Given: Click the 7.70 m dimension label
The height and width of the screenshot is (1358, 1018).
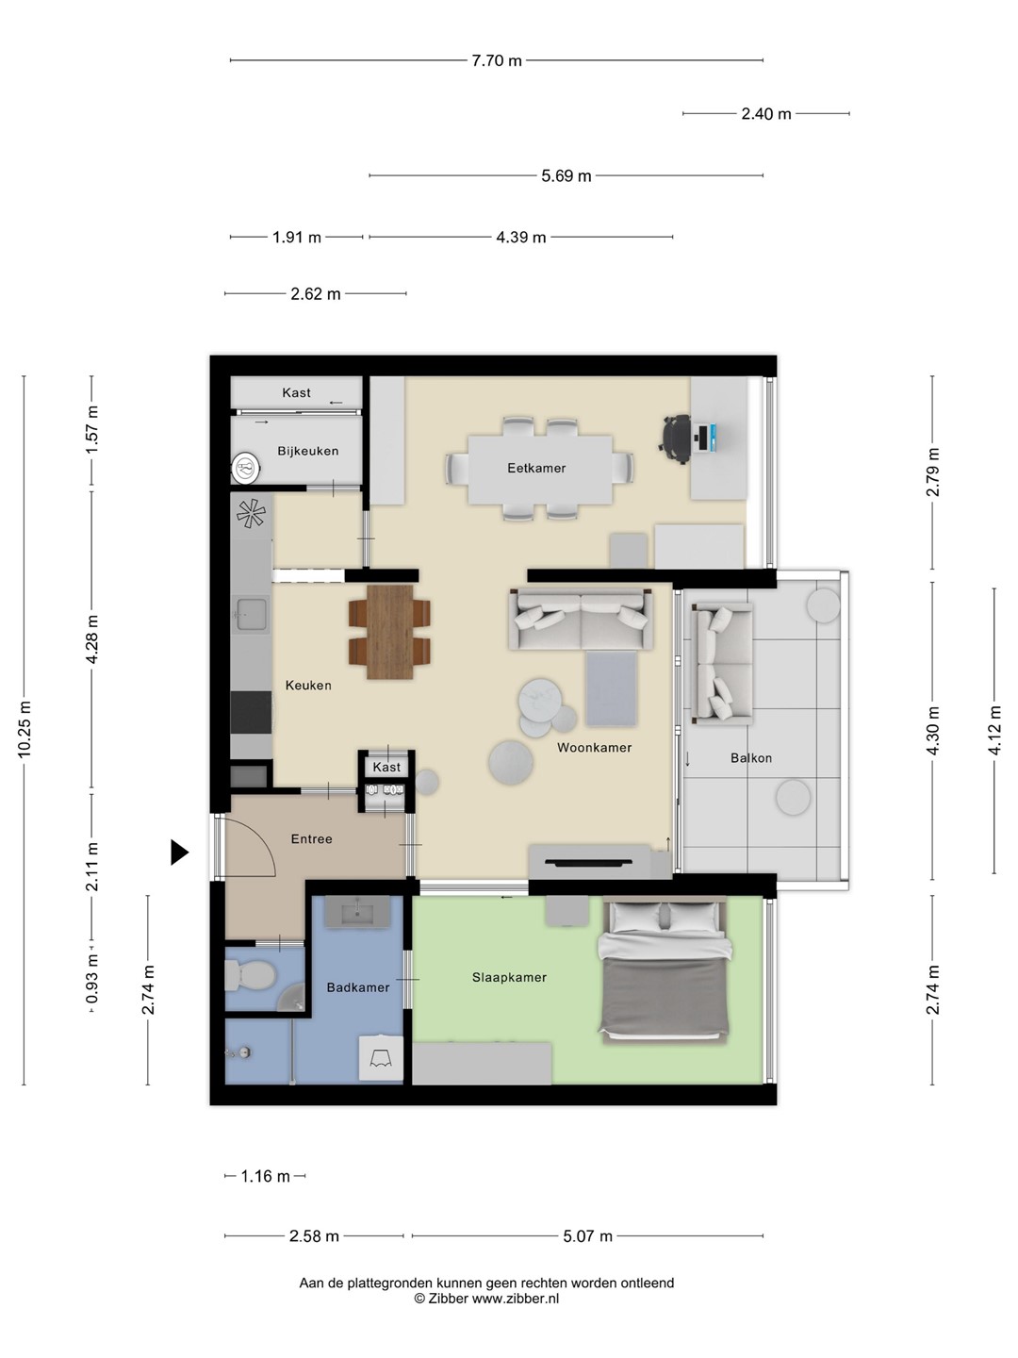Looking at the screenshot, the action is (x=497, y=60).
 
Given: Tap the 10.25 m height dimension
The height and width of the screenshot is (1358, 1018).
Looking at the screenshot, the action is (x=25, y=729).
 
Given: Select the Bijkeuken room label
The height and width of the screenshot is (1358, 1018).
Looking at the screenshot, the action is (x=308, y=451).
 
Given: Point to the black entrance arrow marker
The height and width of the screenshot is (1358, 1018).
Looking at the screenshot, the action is (x=179, y=852).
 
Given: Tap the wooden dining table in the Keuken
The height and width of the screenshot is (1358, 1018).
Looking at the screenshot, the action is (x=389, y=632).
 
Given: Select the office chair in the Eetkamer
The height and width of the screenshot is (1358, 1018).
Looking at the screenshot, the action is (x=677, y=439).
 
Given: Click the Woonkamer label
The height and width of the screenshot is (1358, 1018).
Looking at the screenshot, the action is (x=594, y=747).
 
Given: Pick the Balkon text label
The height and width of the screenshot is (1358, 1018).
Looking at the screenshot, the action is (x=751, y=758).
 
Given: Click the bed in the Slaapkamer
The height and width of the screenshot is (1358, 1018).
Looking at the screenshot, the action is (x=665, y=970).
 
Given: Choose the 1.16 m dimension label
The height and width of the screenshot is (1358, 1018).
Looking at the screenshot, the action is (x=265, y=1176).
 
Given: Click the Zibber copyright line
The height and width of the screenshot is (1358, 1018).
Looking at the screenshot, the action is (x=486, y=1299).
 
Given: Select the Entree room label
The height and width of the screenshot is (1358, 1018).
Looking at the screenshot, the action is (x=311, y=839).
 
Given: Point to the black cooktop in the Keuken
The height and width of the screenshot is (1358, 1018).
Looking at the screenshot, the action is (x=251, y=712).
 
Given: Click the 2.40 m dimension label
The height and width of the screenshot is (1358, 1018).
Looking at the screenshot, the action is (x=765, y=114).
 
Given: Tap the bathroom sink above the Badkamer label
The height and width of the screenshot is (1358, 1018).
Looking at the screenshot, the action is (x=358, y=911).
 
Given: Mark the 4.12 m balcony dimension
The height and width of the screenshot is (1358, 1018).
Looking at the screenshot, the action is (x=994, y=730).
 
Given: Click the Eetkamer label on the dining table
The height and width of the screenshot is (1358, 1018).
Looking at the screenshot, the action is (x=536, y=469).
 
